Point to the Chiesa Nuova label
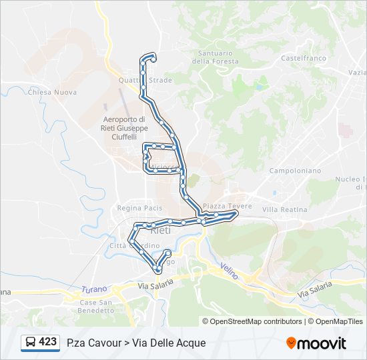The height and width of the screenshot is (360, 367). tap(52, 93)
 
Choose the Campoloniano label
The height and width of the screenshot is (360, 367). tap(295, 171)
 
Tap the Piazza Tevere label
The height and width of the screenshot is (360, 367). tap(228, 207)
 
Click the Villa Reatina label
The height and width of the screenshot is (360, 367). tap(285, 209)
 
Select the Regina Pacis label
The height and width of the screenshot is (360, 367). tap(139, 208)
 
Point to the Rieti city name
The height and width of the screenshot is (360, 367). tap(161, 230)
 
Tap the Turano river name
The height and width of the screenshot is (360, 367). tap(94, 289)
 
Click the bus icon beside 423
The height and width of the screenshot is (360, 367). tap(31, 343)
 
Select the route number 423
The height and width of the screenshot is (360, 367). tap(48, 342)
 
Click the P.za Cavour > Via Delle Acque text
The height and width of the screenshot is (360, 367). tap(136, 343)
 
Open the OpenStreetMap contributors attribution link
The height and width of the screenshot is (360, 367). tap(256, 321)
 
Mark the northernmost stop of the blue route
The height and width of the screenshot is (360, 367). tap(153, 58)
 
